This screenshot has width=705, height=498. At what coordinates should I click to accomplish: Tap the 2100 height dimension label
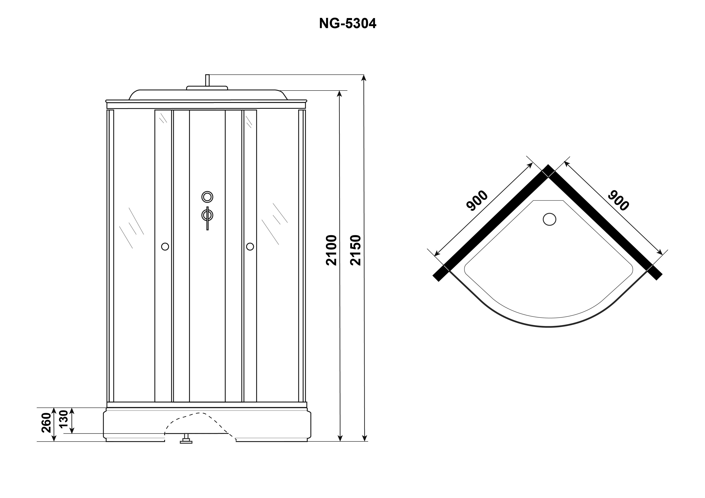click(332, 250)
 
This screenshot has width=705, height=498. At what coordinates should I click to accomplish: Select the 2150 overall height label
click(356, 250)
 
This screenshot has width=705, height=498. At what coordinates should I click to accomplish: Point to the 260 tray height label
click(46, 423)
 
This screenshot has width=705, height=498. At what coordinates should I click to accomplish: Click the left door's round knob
click(165, 246)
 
